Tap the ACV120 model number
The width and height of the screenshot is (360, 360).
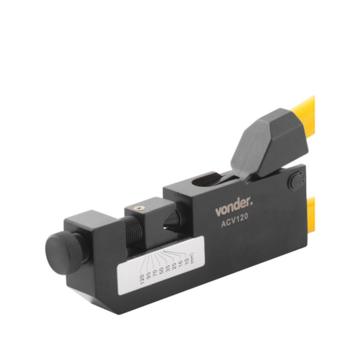click(236, 224)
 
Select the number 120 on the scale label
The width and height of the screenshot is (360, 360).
click(142, 282)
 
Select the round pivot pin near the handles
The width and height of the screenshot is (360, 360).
click(295, 182)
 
